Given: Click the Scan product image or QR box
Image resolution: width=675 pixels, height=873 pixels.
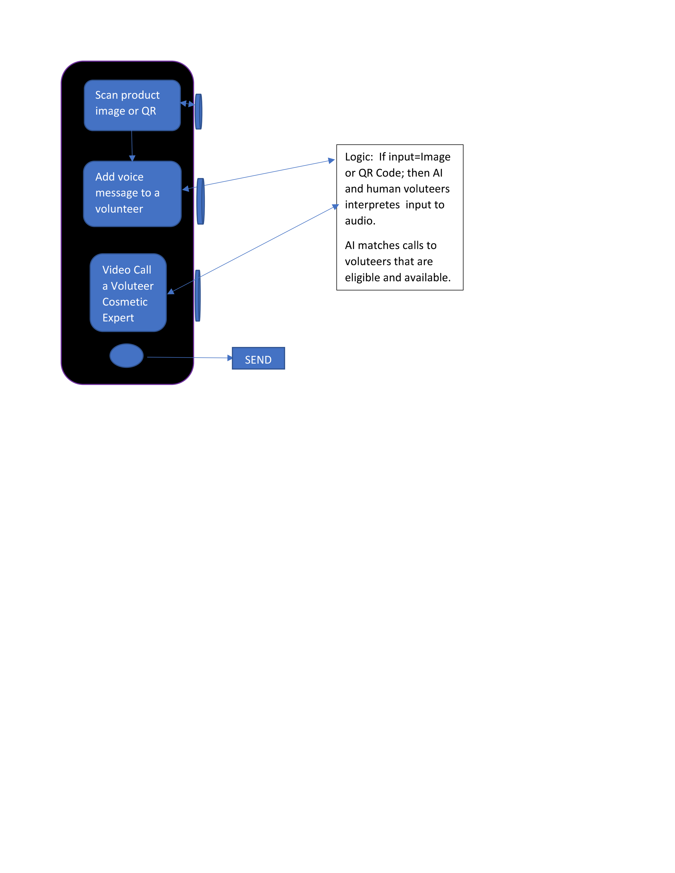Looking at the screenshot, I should pos(132,105).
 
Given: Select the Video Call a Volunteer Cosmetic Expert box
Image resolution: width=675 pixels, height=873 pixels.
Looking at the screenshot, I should pos(128,293).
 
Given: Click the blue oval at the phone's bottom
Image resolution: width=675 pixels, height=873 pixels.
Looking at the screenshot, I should pos(126,355).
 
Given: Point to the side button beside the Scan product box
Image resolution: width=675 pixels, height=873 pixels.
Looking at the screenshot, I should pos(198,112).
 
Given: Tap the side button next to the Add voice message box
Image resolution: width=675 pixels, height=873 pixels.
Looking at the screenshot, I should pos(200,201).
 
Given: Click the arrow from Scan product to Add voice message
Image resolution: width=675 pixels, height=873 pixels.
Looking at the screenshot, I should pos(132,146).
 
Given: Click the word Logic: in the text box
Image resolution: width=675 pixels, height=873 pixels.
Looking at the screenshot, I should pos(359,157).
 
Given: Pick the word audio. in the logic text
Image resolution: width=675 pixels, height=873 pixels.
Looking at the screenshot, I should pos(360,221).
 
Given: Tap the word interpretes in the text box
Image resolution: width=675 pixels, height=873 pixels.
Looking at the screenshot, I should pos(372,205).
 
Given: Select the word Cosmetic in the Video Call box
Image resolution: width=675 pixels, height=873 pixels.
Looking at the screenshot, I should pos(125,302).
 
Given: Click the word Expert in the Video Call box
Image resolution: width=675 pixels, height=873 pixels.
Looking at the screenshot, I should pos(118,318).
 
